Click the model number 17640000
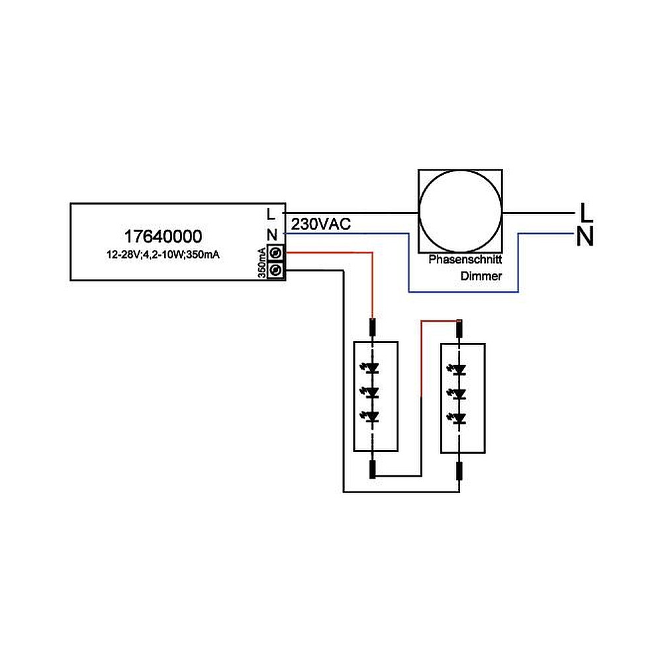pyautogui.click(x=163, y=236)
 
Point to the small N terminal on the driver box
pyautogui.click(x=271, y=234)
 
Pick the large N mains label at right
pyautogui.click(x=585, y=236)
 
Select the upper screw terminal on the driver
pyautogui.click(x=277, y=253)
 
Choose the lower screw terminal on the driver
pyautogui.click(x=277, y=269)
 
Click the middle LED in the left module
pyautogui.click(x=372, y=392)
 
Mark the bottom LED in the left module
pyautogui.click(x=372, y=416)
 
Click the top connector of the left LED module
pyautogui.click(x=373, y=326)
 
